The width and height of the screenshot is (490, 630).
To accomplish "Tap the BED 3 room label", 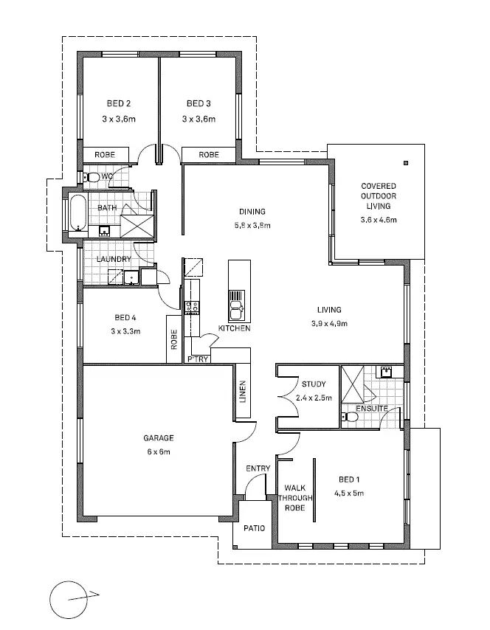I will [199, 103].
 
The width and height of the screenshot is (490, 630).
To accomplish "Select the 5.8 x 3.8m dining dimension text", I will [252, 225].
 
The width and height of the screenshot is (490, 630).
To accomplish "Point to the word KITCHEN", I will [234, 328].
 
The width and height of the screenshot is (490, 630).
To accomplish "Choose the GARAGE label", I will [158, 438].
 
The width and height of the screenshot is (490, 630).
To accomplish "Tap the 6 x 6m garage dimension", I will [158, 451].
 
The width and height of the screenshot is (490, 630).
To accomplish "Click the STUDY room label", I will [314, 384].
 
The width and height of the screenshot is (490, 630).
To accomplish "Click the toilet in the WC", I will [92, 177].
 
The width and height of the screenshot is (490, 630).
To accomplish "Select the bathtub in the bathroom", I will [77, 214].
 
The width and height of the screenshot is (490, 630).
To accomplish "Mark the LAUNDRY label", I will [114, 259].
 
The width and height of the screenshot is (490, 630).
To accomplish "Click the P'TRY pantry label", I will [199, 359].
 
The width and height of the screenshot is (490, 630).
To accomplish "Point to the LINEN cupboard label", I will [243, 392].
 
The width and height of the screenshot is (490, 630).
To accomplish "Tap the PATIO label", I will [254, 527].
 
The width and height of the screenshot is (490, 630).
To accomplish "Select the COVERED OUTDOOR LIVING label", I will [378, 196].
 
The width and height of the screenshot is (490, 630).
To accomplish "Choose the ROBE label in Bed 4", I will [175, 338].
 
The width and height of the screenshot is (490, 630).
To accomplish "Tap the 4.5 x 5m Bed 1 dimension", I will [350, 494].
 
